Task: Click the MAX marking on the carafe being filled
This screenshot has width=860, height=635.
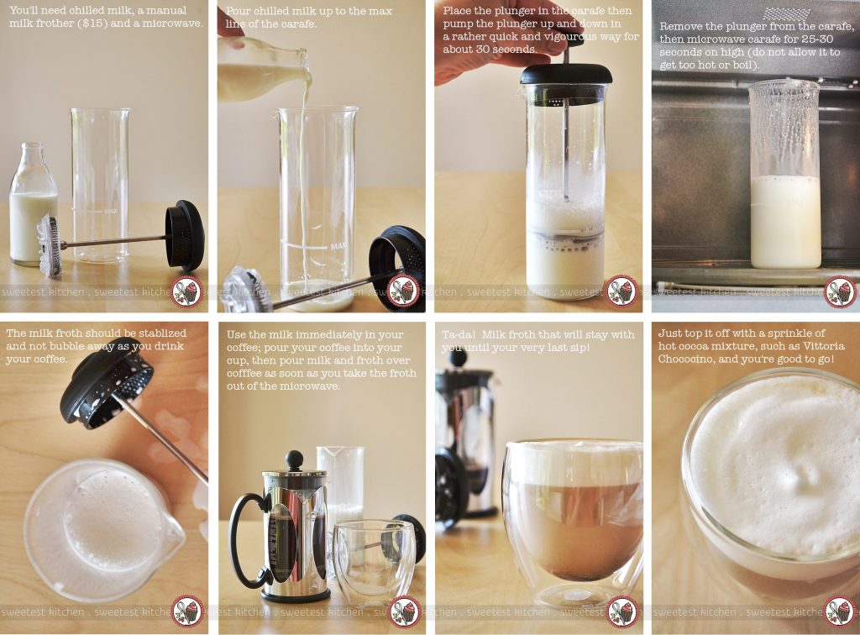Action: pos(338,247)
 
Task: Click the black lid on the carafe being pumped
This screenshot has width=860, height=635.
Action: pos(565,74)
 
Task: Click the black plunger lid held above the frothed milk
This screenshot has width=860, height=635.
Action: pos(106,382)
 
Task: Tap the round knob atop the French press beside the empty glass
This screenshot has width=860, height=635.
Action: pos(294,459)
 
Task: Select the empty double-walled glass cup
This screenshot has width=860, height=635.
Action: pos(373,559)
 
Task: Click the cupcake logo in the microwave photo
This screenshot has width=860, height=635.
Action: pos(838,291)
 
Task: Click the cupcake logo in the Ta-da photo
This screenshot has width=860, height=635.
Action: pos(621,610)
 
